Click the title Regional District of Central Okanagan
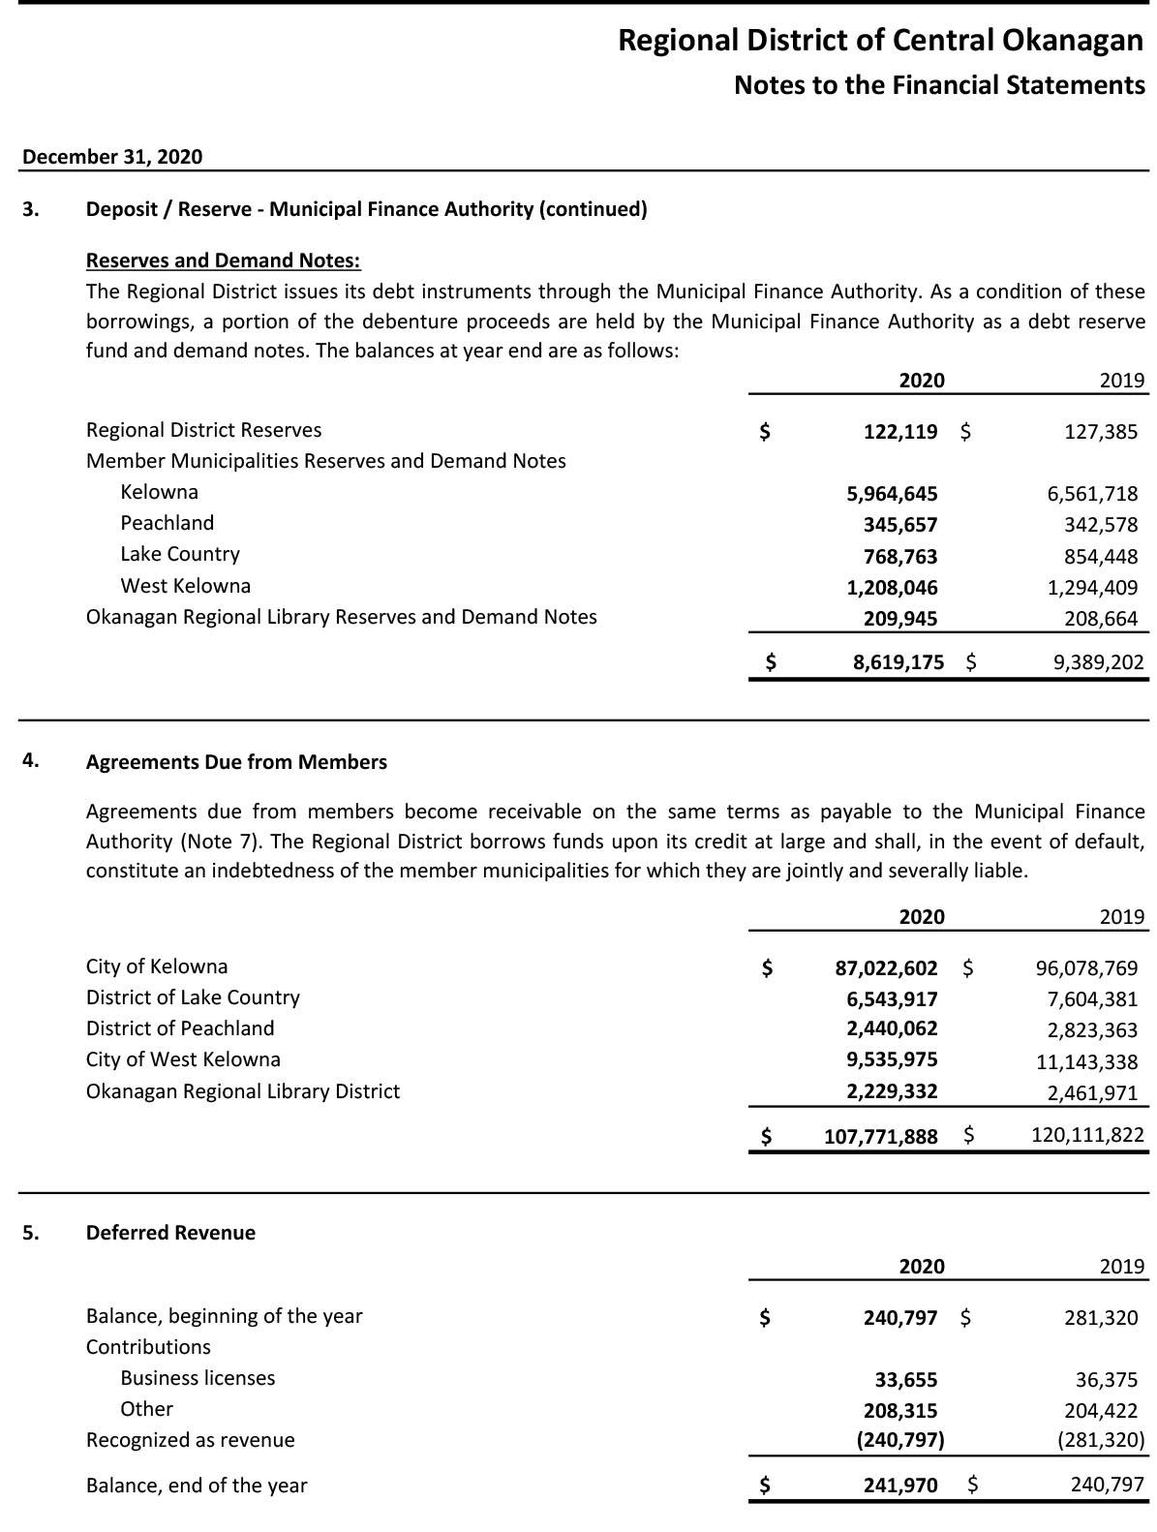pyautogui.click(x=880, y=41)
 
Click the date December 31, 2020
pyautogui.click(x=112, y=157)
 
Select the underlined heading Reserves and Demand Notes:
pyautogui.click(x=223, y=260)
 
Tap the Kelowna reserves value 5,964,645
pyautogui.click(x=892, y=494)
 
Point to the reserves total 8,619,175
pyautogui.click(x=898, y=662)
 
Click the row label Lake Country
pyautogui.click(x=180, y=554)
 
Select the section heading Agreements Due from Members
pyautogui.click(x=236, y=762)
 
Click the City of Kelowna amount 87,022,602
pyautogui.click(x=886, y=968)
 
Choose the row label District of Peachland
pyautogui.click(x=180, y=1028)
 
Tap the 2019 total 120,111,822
pyautogui.click(x=1087, y=1135)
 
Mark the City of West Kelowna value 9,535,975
pyautogui.click(x=892, y=1060)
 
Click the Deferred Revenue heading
pyautogui.click(x=170, y=1233)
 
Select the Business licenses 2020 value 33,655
pyautogui.click(x=905, y=1379)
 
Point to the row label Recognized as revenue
pyautogui.click(x=190, y=1440)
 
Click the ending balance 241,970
pyautogui.click(x=900, y=1485)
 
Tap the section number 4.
pyautogui.click(x=31, y=760)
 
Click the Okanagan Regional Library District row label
pyautogui.click(x=243, y=1091)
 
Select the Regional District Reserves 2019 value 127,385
pyautogui.click(x=1101, y=432)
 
